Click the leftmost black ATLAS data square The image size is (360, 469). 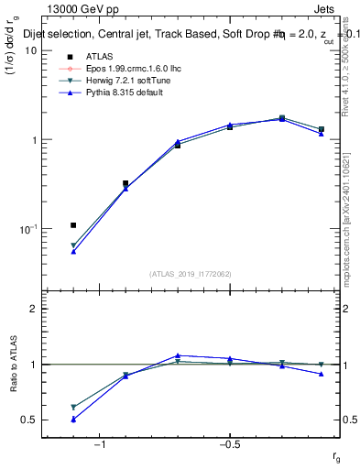tap(73, 224)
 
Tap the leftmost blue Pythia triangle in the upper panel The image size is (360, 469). tap(73, 251)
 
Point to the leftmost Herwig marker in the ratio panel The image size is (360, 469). tap(73, 407)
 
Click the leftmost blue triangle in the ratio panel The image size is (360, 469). tap(73, 420)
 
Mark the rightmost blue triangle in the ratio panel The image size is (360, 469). tap(321, 374)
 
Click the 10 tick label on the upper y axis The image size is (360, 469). tap(29, 51)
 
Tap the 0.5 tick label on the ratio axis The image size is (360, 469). tap(28, 420)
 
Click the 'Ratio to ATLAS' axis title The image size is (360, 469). tap(13, 363)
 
